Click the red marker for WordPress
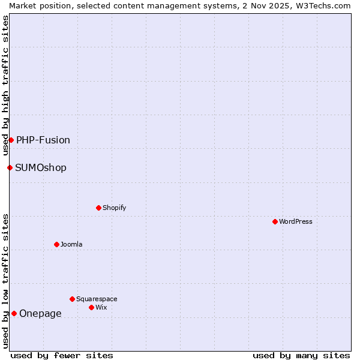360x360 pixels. [275, 221]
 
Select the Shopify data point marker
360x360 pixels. [98, 208]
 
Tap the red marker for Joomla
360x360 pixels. [56, 244]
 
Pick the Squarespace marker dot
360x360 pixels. [72, 299]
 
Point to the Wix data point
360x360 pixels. [91, 307]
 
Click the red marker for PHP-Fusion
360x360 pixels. [11, 140]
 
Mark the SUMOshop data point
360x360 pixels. [10, 167]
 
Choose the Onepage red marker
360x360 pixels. [14, 313]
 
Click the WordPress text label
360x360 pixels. [296, 221]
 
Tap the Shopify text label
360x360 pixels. [114, 208]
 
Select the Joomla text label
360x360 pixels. [71, 244]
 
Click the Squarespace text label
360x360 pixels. [97, 299]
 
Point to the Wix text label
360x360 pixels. [101, 307]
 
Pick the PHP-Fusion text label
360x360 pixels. [43, 140]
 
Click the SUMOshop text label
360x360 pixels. [41, 167]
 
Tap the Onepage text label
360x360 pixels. [40, 313]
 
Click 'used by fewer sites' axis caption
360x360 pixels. [62, 355]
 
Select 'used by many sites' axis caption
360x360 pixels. [301, 355]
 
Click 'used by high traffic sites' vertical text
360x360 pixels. [5, 85]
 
